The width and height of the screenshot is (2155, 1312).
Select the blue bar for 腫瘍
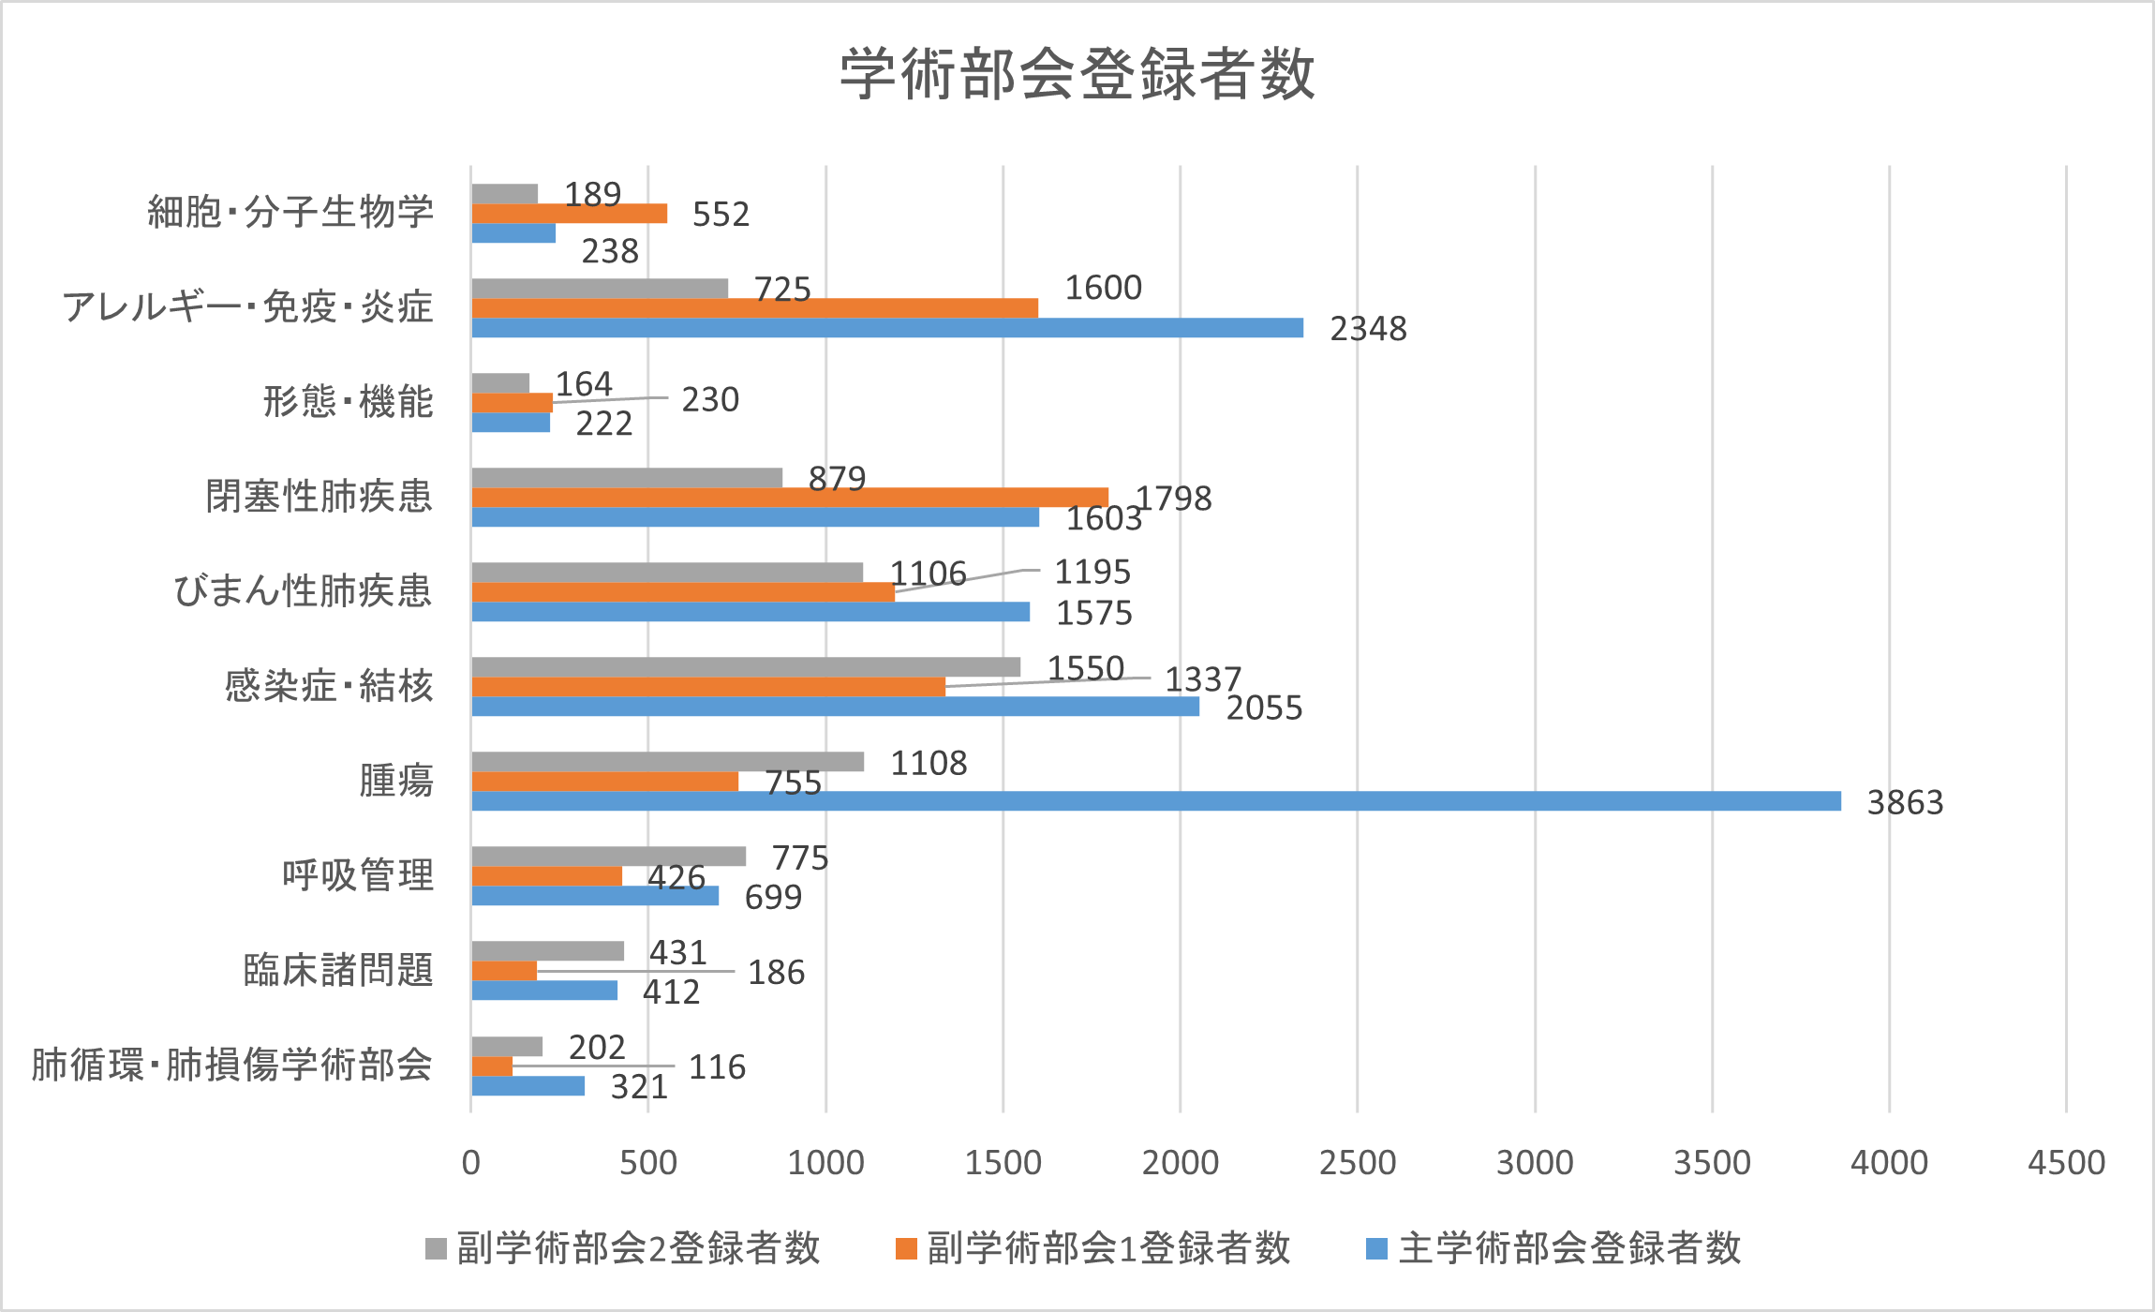(x=1155, y=801)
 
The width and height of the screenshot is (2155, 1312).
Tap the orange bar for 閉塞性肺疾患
(x=789, y=498)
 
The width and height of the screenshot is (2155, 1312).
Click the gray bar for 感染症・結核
(x=745, y=667)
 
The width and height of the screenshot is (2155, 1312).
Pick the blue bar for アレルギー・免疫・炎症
(x=886, y=328)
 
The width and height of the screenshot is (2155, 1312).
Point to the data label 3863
(x=1905, y=803)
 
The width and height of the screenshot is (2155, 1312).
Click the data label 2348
(x=1368, y=329)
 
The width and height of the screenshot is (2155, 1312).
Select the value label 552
(x=721, y=215)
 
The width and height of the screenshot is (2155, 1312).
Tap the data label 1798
(x=1174, y=499)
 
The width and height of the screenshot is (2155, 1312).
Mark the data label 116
(x=717, y=1067)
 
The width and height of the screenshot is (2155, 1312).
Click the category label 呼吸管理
(x=358, y=875)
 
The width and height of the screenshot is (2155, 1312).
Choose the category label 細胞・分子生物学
(x=290, y=212)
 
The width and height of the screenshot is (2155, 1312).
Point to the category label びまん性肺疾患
(x=303, y=591)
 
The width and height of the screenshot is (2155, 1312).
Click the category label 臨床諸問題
(x=338, y=970)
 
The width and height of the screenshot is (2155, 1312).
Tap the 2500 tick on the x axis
(x=1357, y=1163)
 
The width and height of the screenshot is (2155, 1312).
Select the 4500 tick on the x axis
(x=2066, y=1163)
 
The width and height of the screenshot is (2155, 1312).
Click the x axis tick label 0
(x=470, y=1163)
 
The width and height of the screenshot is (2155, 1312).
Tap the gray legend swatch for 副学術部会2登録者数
(x=436, y=1248)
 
